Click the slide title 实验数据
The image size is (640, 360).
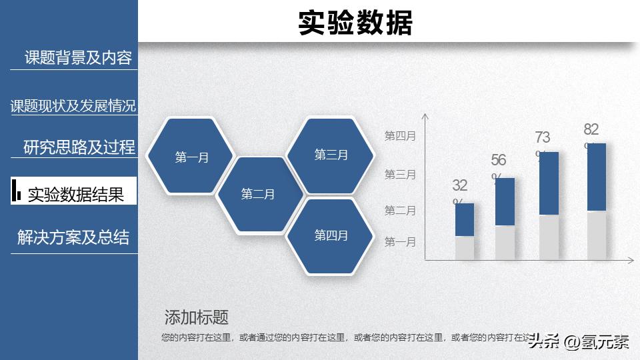(355, 23)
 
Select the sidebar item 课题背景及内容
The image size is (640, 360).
(78, 58)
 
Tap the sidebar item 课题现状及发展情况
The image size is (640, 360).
(73, 106)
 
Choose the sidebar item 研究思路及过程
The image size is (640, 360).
(79, 147)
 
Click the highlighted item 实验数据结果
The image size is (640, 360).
(75, 194)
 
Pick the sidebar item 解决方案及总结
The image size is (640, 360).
(73, 237)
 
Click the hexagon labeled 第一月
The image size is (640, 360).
(191, 157)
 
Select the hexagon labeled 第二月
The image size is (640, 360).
(258, 194)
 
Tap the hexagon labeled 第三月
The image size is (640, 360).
(331, 155)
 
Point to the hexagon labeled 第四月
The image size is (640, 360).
(331, 235)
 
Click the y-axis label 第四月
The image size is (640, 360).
(400, 136)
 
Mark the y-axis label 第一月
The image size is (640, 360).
(400, 242)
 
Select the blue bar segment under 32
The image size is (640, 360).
(465, 219)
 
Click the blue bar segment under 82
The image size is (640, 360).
(597, 177)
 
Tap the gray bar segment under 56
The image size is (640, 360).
(505, 243)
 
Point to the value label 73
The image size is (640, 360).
(542, 138)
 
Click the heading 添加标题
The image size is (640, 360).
(196, 317)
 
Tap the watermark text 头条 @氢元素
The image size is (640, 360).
(579, 342)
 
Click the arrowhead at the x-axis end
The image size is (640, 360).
(631, 259)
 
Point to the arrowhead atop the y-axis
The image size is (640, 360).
(425, 117)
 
